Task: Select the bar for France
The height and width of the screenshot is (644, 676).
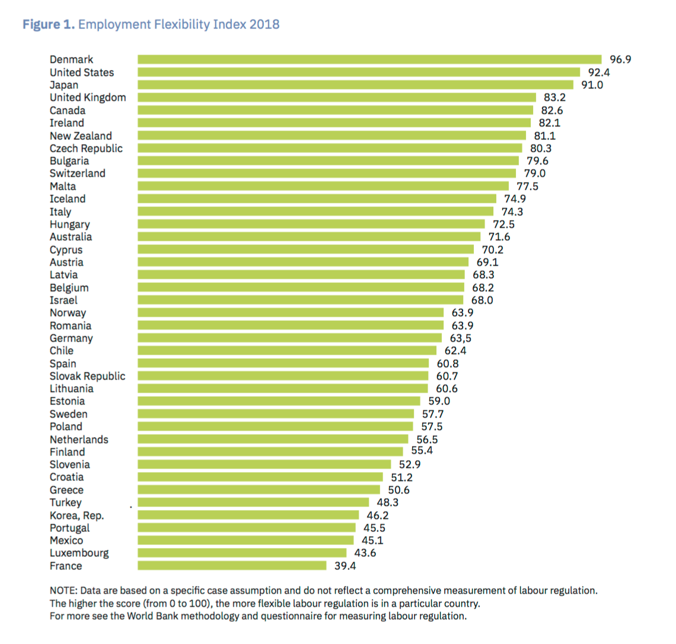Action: tap(232, 566)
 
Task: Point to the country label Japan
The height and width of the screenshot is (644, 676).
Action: tap(64, 85)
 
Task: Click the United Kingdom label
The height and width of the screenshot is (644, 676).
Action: tap(88, 97)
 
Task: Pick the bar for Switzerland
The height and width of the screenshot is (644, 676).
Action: tap(327, 173)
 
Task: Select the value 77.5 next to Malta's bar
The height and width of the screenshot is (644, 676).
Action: tap(527, 186)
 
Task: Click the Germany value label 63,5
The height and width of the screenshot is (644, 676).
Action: tap(461, 338)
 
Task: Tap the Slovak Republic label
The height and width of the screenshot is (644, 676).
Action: tap(88, 376)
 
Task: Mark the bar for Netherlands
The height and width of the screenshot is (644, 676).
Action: tap(273, 439)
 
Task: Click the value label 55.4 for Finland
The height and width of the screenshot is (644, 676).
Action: tap(422, 451)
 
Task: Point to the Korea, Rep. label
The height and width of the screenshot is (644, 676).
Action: tap(76, 515)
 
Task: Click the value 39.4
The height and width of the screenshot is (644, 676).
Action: tap(345, 566)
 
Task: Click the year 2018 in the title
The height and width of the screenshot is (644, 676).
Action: tap(264, 24)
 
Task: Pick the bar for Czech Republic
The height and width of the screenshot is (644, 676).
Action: tap(330, 148)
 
